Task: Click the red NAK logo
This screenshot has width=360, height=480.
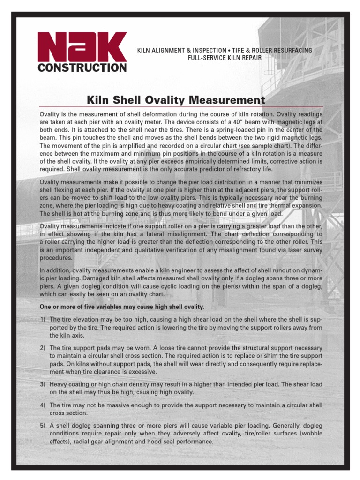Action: [x=82, y=46]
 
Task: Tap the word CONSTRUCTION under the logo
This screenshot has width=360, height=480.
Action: [x=82, y=68]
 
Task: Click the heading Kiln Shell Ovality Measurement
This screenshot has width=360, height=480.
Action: [x=176, y=100]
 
